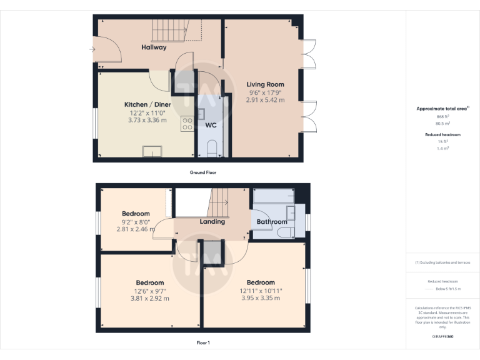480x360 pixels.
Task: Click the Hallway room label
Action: (x=154, y=47)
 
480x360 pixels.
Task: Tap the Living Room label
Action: (x=265, y=84)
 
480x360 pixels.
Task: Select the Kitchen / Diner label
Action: (x=147, y=104)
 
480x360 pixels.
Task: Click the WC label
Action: (x=211, y=125)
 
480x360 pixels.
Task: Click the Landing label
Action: (x=212, y=222)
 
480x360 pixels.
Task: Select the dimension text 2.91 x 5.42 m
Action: (x=265, y=100)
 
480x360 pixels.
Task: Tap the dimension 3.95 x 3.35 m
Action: (x=261, y=298)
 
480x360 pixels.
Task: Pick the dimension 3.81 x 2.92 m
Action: (x=150, y=298)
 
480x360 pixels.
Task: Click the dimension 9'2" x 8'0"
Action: (x=136, y=221)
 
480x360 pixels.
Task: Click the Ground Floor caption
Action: (x=203, y=172)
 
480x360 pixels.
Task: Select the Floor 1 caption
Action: (x=203, y=342)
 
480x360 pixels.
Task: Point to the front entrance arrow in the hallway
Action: (x=92, y=49)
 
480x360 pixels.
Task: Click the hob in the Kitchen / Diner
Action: (x=187, y=123)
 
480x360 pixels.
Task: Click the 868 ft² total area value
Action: (x=442, y=117)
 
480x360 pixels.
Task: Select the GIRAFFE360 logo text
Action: (x=442, y=337)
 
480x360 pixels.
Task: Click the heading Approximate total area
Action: (x=442, y=109)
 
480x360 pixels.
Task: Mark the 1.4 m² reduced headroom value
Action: (x=442, y=148)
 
